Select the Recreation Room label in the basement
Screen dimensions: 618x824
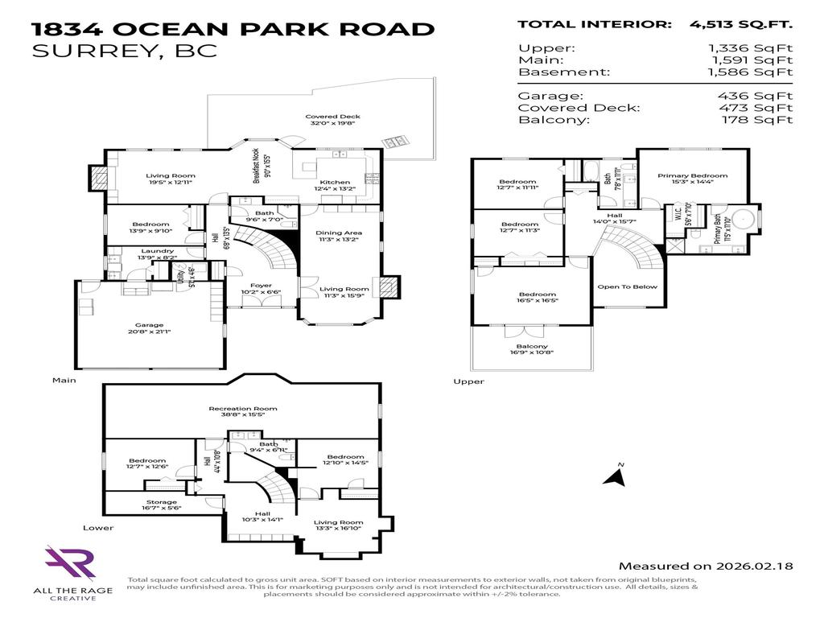243,409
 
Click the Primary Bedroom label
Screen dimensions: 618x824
692,175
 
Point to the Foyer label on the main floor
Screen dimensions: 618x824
261,286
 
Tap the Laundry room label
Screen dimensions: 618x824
157,251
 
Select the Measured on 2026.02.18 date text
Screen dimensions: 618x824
706,566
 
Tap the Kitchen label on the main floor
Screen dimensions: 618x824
335,183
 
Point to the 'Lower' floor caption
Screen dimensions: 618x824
97,528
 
